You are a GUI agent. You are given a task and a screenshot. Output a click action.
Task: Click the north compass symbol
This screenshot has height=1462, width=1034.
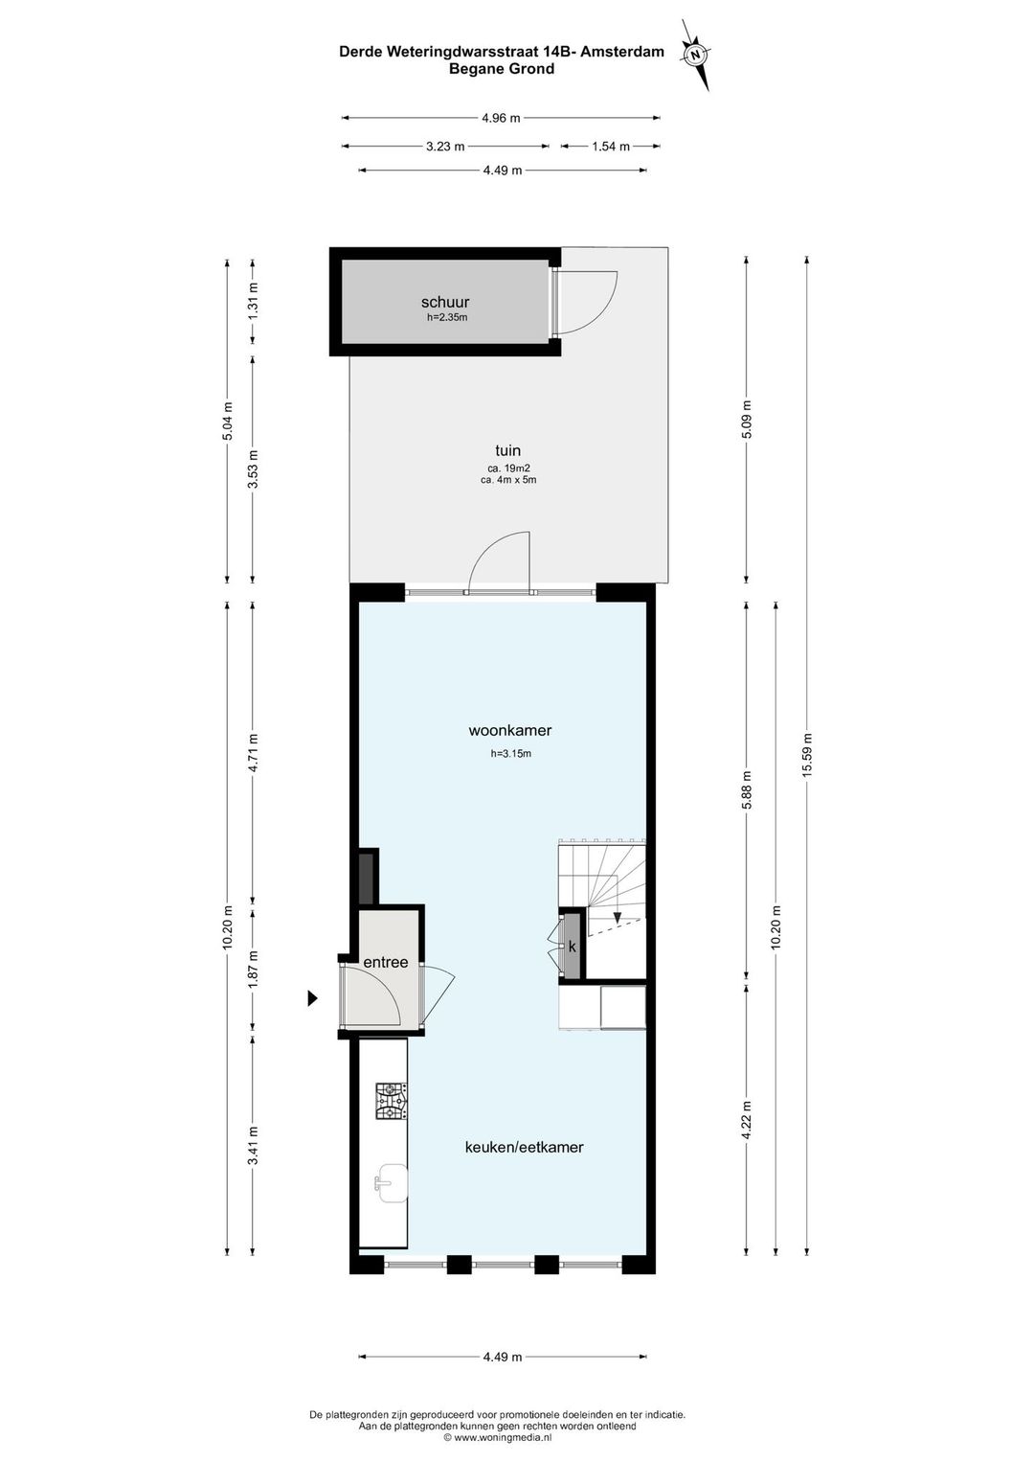pos(697,55)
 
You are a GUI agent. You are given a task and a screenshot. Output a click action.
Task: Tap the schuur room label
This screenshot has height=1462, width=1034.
pos(445,302)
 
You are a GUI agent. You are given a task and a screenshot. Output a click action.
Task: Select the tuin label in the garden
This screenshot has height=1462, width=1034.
pos(507,450)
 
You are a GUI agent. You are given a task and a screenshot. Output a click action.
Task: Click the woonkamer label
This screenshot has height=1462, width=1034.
pos(509,730)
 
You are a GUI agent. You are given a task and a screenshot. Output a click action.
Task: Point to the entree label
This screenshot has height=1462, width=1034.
pos(385,962)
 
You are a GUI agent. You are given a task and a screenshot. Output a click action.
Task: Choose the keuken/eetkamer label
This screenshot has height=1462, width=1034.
pos(524,1147)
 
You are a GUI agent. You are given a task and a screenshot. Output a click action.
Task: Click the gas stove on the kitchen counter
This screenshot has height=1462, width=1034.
pos(392,1102)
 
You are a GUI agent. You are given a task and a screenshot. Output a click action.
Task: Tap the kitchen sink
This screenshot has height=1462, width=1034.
pos(392,1182)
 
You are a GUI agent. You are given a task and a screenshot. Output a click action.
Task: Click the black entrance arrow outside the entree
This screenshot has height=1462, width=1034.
pos(312,997)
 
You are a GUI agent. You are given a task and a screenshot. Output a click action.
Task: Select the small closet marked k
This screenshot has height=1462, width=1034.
pos(573,947)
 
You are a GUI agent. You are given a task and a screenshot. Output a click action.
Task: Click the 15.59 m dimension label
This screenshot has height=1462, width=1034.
pos(807,755)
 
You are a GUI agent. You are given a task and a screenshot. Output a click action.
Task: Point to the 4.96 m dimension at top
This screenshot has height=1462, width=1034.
pos(501,118)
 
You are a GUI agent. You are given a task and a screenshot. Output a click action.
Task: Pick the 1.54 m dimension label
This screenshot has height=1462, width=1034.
pos(611,147)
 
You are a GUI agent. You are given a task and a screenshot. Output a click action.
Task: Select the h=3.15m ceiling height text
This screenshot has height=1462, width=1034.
pos(511,754)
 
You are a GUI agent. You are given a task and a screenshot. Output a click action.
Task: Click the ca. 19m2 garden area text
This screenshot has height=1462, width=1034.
pos(508,468)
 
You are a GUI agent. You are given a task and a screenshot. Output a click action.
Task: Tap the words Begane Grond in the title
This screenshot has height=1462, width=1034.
pos(502,69)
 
